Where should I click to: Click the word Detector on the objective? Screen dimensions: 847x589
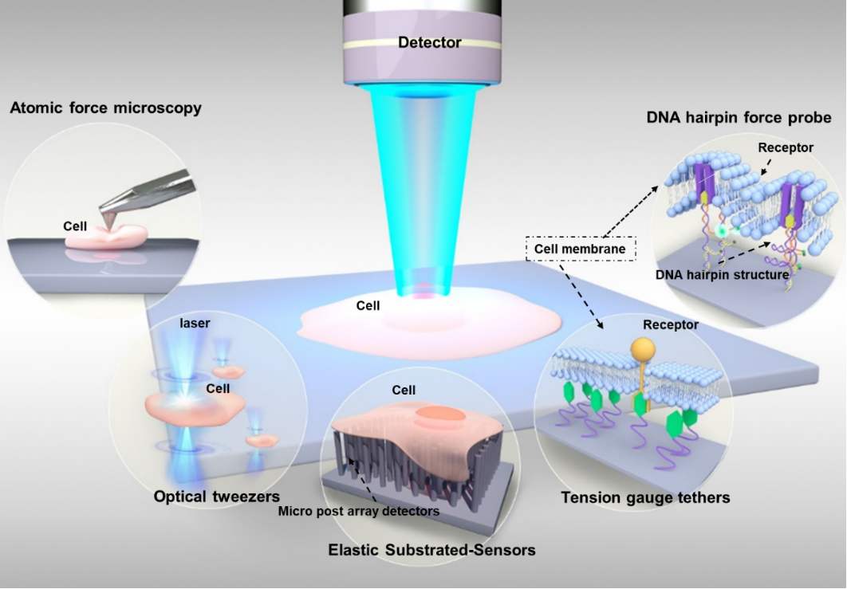[429, 42]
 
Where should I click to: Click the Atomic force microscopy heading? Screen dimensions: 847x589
[106, 108]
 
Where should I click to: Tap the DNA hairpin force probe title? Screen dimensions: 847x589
[739, 117]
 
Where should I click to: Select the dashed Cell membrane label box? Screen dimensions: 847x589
[580, 249]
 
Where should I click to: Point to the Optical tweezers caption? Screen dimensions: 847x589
[217, 496]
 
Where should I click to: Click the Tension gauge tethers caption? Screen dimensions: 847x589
[645, 497]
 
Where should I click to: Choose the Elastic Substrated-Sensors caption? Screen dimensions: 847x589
[432, 550]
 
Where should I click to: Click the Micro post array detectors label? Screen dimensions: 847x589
[359, 511]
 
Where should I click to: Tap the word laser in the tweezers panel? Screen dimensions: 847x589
[195, 323]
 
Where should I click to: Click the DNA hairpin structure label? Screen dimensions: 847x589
[723, 275]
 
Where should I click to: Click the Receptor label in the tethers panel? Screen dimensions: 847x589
[671, 325]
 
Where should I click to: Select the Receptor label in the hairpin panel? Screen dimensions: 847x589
[786, 148]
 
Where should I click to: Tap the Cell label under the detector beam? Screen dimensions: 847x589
[368, 305]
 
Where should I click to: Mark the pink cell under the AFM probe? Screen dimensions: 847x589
[108, 237]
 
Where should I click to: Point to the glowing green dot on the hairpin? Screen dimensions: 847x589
[721, 230]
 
